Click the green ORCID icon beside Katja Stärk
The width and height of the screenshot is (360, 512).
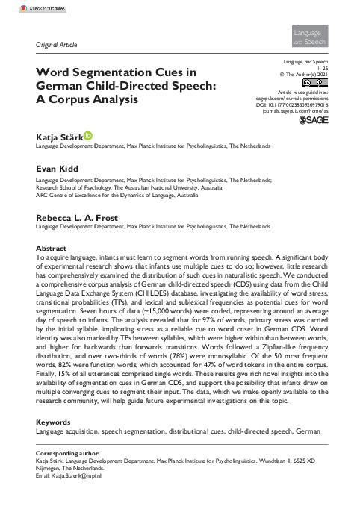(x=89, y=135)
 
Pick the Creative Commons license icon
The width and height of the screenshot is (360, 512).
(x=317, y=81)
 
